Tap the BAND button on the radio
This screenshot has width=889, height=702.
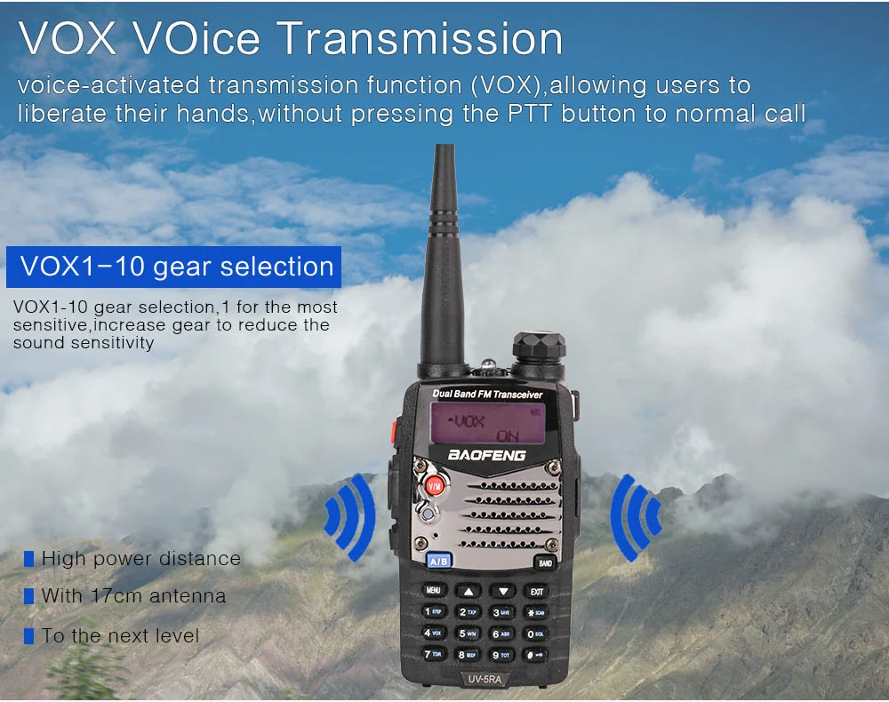point(543,562)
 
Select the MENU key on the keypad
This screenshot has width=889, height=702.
point(433,590)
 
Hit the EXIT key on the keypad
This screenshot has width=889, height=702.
point(536,590)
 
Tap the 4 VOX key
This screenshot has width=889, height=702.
point(433,633)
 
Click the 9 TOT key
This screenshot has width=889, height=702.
point(502,655)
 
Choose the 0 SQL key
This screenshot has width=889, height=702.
point(535,634)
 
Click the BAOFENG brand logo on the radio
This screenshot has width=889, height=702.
point(486,455)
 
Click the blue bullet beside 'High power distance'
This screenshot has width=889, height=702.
point(28,559)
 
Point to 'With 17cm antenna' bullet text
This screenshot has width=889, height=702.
point(133,596)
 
